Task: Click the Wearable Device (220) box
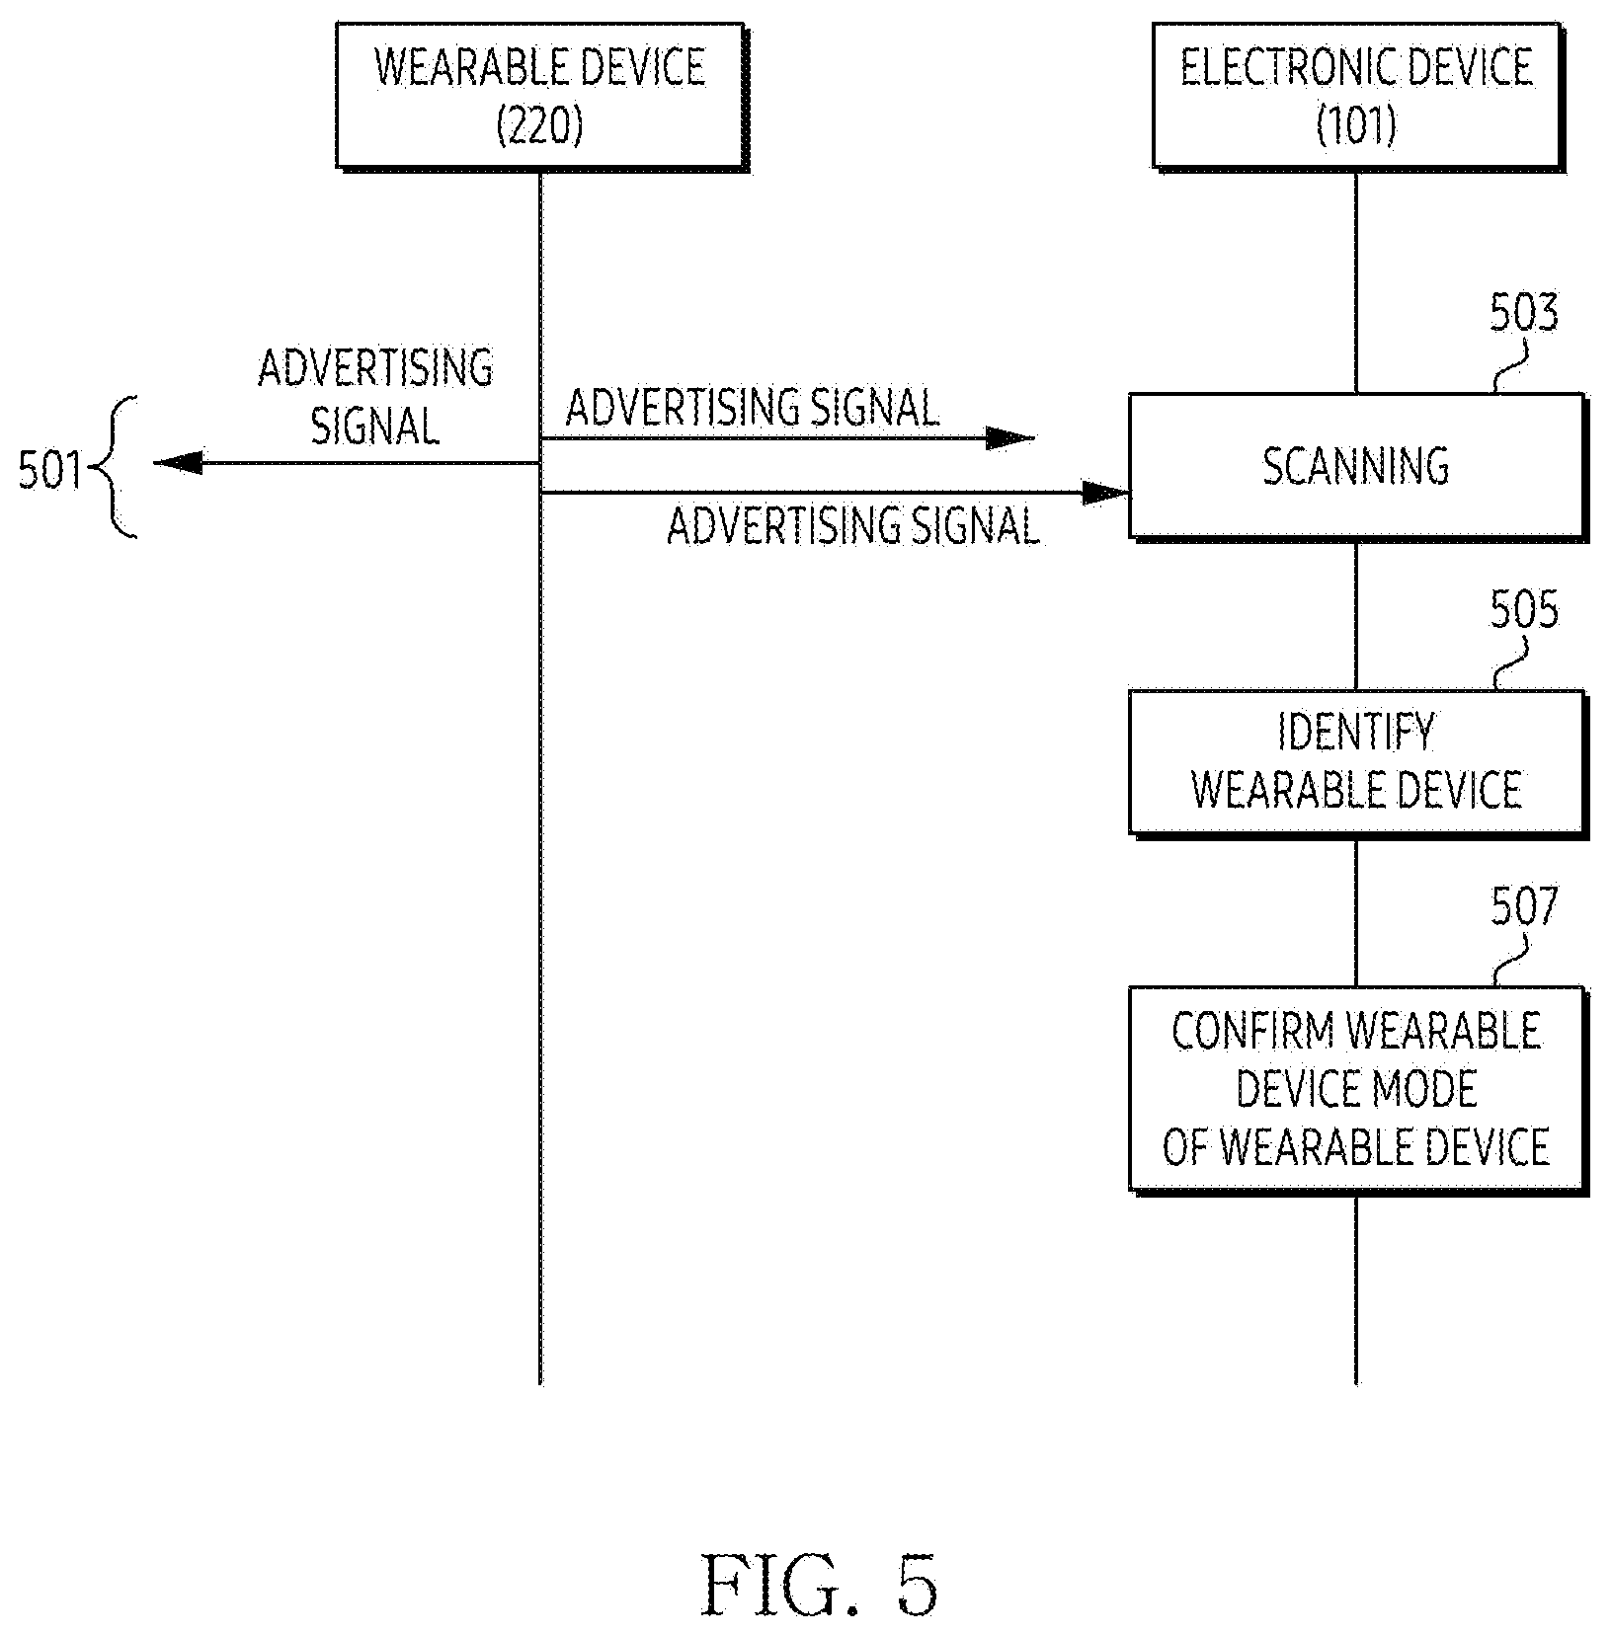pos(540,96)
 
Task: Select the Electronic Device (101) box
pos(1357,96)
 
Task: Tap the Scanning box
pos(1357,466)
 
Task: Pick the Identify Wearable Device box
pos(1357,762)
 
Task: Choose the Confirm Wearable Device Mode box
pos(1357,1089)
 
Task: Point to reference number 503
pos(1523,313)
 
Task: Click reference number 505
pos(1523,610)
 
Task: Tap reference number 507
pos(1523,906)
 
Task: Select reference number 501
pos(50,471)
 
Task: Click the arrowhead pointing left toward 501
pos(178,462)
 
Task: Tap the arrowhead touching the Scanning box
pos(1105,492)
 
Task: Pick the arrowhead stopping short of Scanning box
pos(1010,438)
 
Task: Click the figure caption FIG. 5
pos(819,1584)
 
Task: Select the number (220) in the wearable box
pos(539,125)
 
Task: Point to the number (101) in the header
pos(1357,125)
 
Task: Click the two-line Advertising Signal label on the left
pos(375,397)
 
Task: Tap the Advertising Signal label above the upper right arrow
pos(752,407)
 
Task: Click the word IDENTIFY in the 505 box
pos(1356,733)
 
